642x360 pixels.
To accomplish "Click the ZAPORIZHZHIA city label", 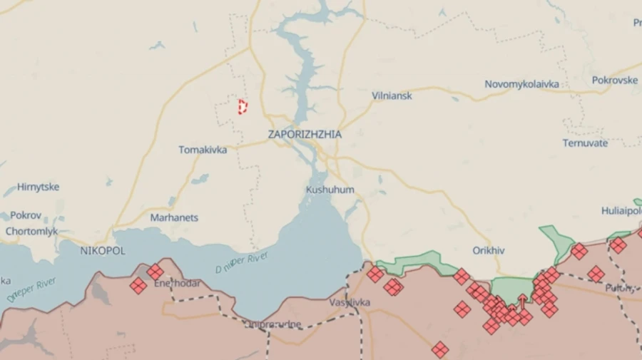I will [x=305, y=134].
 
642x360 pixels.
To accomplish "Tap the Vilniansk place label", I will [x=392, y=96].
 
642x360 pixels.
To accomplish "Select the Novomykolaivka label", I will [x=521, y=84].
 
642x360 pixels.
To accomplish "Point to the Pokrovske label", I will [x=616, y=80].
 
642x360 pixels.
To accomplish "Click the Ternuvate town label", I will [x=585, y=143].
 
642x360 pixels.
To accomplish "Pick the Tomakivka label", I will [x=203, y=150].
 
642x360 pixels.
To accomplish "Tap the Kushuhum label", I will [x=330, y=190].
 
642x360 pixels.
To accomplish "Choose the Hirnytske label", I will [x=38, y=187].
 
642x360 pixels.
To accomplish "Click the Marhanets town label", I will [x=174, y=217].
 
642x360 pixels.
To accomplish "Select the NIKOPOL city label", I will [x=103, y=251].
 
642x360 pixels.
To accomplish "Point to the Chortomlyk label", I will [x=32, y=231].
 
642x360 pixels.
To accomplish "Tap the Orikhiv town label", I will [x=489, y=250].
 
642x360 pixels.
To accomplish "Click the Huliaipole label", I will [x=621, y=210].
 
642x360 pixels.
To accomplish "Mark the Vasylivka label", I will [x=350, y=302].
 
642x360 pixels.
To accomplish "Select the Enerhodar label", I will [x=177, y=283].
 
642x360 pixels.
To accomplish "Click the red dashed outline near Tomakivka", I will [x=243, y=107].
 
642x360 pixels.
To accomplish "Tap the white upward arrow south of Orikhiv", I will [x=521, y=301].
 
